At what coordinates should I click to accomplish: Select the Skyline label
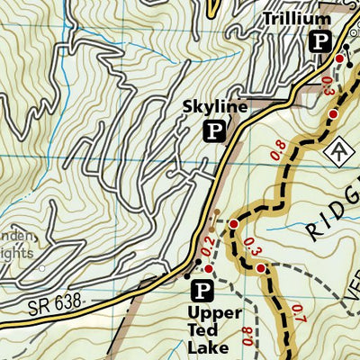click(214, 107)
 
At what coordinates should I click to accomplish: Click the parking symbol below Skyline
click(214, 131)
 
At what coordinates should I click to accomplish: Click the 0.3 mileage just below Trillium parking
click(328, 86)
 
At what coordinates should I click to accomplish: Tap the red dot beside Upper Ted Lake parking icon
click(208, 268)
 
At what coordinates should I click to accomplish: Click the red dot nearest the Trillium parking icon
click(339, 58)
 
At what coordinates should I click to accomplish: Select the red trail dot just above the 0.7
click(261, 268)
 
